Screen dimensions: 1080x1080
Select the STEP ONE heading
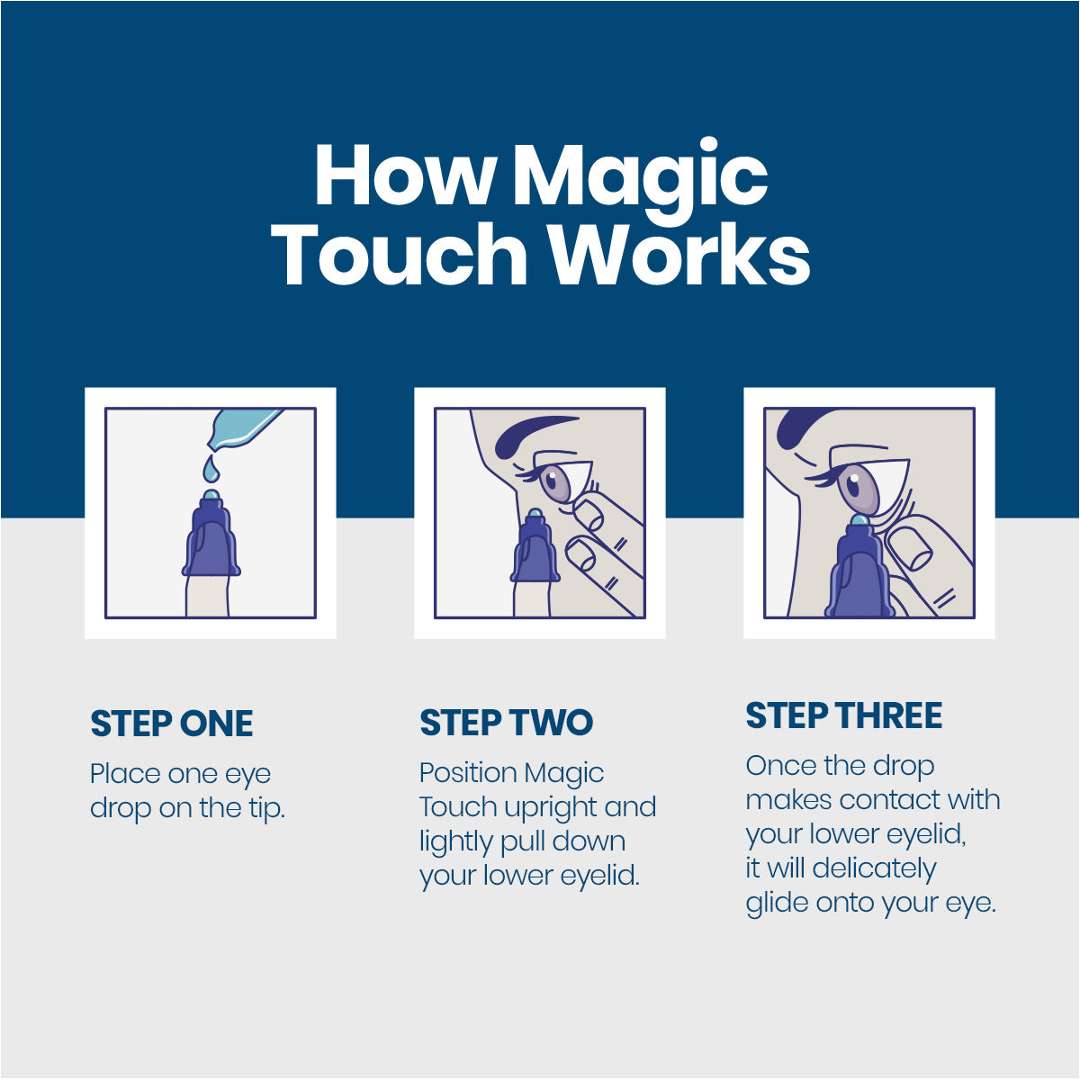tap(172, 724)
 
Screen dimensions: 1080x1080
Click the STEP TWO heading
tap(507, 723)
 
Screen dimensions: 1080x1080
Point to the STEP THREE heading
tap(843, 715)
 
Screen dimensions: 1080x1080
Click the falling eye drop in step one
tap(211, 469)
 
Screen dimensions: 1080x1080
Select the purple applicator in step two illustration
tap(535, 551)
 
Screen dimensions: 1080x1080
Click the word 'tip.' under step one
tap(266, 808)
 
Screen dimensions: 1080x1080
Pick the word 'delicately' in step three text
tap(873, 868)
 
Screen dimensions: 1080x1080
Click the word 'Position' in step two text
tap(467, 773)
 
